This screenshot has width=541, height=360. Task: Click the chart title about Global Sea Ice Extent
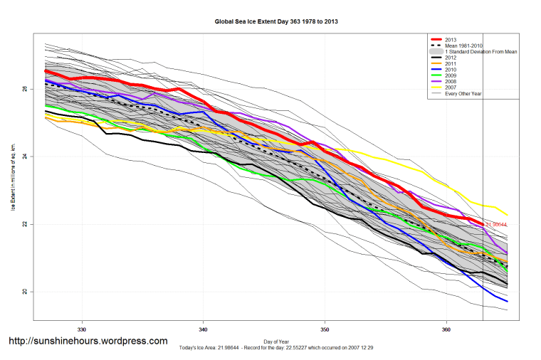(276, 22)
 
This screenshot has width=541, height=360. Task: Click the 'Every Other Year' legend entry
(463, 94)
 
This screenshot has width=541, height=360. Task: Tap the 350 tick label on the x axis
(325, 329)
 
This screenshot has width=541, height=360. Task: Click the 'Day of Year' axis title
(276, 342)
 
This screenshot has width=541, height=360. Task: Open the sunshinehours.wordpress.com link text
(88, 342)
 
